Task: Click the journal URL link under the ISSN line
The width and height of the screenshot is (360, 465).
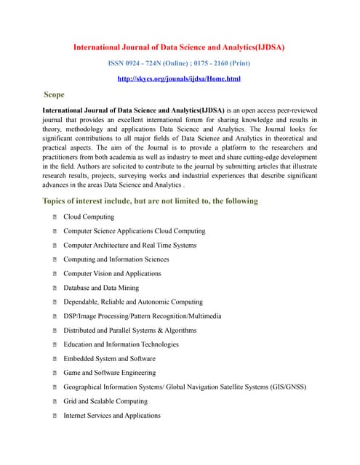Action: (x=179, y=78)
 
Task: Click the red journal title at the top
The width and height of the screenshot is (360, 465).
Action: (x=179, y=47)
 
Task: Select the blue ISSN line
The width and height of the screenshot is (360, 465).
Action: (x=179, y=64)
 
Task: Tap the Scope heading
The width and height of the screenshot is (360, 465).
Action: (x=54, y=94)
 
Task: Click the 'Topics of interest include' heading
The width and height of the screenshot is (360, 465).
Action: (x=150, y=201)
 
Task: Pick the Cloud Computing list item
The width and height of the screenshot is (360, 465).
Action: (x=88, y=217)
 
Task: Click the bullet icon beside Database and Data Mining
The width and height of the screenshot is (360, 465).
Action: (x=55, y=288)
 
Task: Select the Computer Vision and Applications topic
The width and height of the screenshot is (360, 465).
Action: (x=112, y=274)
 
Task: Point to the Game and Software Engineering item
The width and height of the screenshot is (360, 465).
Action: (x=109, y=373)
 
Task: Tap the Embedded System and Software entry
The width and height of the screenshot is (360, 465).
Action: (x=109, y=359)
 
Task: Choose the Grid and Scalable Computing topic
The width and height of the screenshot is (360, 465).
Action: (x=105, y=401)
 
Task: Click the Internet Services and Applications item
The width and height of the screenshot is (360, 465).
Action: (x=111, y=416)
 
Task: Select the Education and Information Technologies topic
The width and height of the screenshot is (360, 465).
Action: (x=121, y=344)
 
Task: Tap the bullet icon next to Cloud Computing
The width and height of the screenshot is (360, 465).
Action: (x=55, y=217)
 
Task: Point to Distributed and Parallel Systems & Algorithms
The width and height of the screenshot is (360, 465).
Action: (x=129, y=331)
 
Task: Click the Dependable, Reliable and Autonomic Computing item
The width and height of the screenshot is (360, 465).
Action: (x=133, y=302)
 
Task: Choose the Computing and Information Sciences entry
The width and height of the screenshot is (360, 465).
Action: (x=116, y=259)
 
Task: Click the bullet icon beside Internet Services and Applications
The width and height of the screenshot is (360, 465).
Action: (x=55, y=416)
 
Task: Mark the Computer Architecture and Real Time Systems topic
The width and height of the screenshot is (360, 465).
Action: (x=129, y=246)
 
